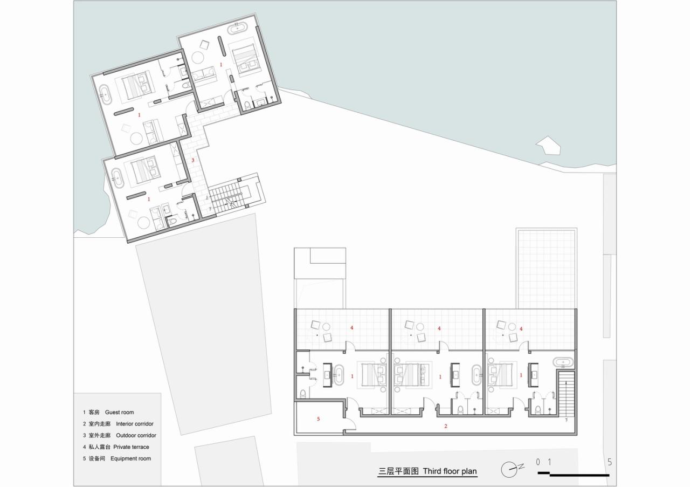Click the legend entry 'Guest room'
[119, 413]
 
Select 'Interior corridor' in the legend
[134, 424]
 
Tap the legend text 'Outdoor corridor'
[136, 435]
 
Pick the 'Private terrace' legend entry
[131, 447]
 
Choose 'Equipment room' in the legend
[130, 459]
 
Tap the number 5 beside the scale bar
[610, 462]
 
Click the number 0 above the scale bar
[538, 462]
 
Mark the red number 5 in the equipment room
[318, 419]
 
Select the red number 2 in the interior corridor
[445, 426]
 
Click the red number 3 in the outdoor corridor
[192, 160]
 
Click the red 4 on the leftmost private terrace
[352, 328]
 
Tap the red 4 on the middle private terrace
[439, 328]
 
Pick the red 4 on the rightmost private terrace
[521, 328]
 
